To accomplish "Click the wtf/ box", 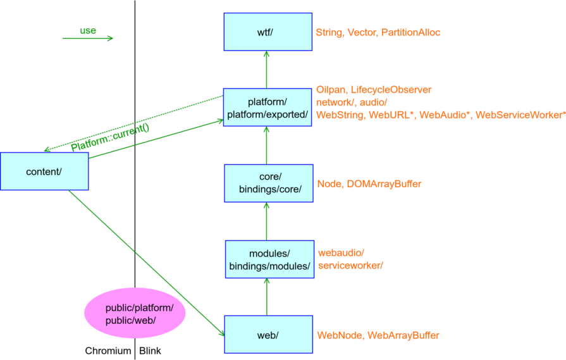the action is point(268,32).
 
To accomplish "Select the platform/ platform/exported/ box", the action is point(268,108).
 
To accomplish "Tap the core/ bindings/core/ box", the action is point(269,183).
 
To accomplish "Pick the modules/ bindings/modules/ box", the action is point(269,259).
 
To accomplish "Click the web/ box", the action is point(269,334).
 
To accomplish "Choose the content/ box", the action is point(44,171).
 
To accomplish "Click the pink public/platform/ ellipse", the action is point(135,313).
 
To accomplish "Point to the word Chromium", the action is point(108,351).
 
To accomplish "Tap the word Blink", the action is point(150,351).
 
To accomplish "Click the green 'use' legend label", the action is point(88,30).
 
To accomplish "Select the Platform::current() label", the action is point(110,137).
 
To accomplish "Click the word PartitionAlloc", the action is point(411,32).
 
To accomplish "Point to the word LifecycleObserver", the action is point(391,90).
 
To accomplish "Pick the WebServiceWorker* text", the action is point(520,115).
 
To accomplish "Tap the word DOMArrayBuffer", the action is point(384,183).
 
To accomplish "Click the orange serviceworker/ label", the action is point(350,265).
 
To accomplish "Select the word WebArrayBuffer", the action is point(403,335).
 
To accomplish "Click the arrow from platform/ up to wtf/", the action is point(266,70).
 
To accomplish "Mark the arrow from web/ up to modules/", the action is point(267,297).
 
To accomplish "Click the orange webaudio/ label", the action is point(341,252).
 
